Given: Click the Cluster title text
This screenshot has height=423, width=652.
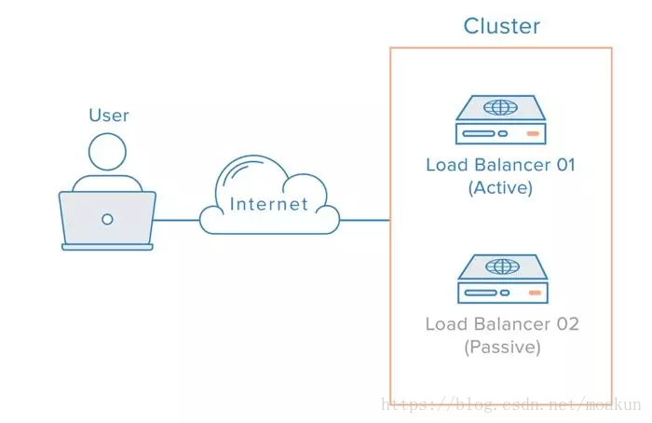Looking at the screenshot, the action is [x=501, y=26].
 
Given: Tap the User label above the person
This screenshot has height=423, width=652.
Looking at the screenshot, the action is [x=109, y=116].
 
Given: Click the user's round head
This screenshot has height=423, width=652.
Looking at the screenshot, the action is [x=107, y=152].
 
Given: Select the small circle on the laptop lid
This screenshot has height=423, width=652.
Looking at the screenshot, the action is [x=107, y=219].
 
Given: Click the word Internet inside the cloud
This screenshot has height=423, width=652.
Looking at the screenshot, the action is [x=269, y=204].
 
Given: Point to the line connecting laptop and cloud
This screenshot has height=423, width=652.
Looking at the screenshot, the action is [x=177, y=220].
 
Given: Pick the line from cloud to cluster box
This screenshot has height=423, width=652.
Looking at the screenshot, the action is [x=365, y=220].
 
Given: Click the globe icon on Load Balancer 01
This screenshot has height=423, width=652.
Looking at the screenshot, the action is [x=501, y=107].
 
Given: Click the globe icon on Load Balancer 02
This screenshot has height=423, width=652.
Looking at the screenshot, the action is [x=502, y=266].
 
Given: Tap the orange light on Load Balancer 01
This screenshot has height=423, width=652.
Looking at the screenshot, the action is [x=533, y=133].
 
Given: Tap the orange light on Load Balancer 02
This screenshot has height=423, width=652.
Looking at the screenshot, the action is [x=535, y=293].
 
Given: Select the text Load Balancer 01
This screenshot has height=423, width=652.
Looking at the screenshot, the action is [x=501, y=165].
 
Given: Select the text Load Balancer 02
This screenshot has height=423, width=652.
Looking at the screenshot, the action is [x=502, y=324].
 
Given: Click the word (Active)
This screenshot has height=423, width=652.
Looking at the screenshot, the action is [x=501, y=187].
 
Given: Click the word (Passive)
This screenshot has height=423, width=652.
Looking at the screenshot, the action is [x=502, y=347].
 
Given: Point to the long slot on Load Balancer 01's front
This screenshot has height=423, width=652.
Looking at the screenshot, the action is [x=479, y=133].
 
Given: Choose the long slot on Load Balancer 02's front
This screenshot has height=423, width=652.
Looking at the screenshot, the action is [x=481, y=293].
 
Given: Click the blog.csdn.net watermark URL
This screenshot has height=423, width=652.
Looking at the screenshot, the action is [x=511, y=404].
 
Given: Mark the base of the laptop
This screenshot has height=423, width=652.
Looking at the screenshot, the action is [x=107, y=247].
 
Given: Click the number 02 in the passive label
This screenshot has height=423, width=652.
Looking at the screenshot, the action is [x=567, y=324].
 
